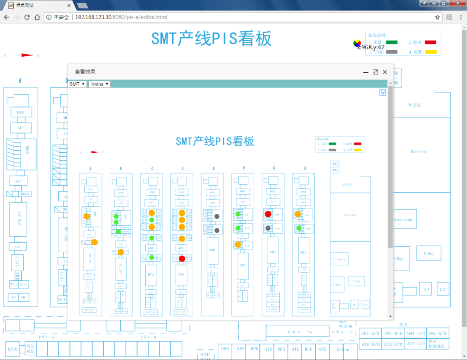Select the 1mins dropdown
[99, 84]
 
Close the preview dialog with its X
[385, 72]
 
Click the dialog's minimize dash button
[366, 72]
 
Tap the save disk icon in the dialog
[383, 93]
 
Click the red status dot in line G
[268, 214]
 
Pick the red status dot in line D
[182, 259]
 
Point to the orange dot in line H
[298, 214]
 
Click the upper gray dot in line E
[217, 216]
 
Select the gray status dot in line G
[268, 228]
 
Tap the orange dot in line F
[238, 244]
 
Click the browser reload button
[27, 17]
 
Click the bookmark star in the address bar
[437, 17]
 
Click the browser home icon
[38, 17]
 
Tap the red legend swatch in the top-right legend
[430, 42]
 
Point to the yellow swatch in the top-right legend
[430, 52]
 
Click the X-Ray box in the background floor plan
[429, 253]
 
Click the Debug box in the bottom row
[342, 349]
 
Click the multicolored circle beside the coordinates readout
[357, 43]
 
